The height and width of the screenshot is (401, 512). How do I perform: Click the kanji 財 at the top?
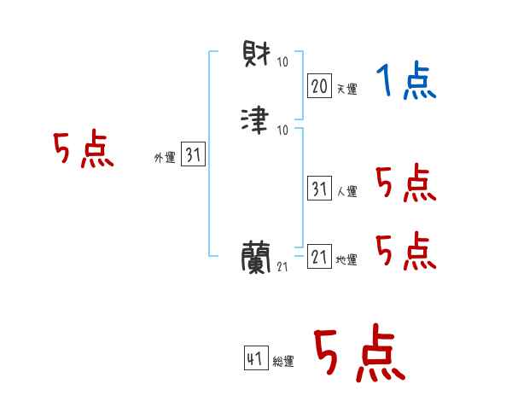coord(257,57)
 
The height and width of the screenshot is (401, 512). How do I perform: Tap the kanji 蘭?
coord(257,255)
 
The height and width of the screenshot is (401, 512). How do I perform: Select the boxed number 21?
coord(318,256)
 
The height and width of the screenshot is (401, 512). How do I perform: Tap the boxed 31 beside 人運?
coord(318,189)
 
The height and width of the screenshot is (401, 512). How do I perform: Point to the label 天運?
coord(347,89)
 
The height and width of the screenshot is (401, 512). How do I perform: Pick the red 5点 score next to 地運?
coord(405,250)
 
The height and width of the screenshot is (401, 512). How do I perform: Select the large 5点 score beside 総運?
coord(358,354)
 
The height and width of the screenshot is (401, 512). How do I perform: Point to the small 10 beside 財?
coord(282,61)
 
